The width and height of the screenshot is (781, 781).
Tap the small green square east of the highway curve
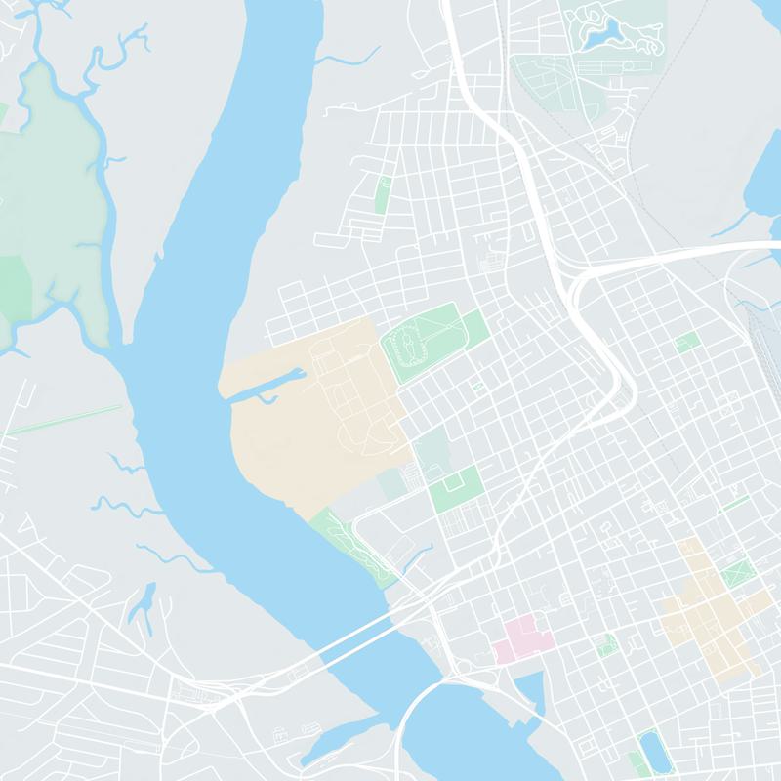pos(686,343)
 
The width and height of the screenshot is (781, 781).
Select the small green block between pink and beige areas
pos(607,645)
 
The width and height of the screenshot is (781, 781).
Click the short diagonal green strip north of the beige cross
pos(733,504)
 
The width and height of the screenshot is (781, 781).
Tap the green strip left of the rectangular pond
pos(634,761)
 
